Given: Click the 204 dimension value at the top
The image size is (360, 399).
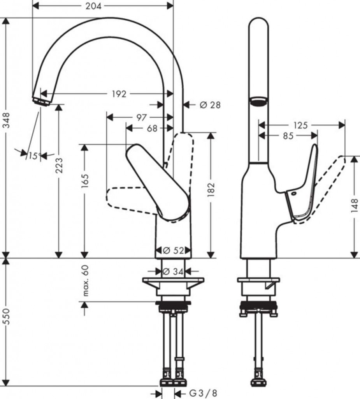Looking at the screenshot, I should pos(94,6).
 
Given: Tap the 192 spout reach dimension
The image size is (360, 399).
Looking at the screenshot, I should pos(119,94).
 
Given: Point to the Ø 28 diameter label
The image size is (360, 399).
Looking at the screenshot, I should pos(210,104).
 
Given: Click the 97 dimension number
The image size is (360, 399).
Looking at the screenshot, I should pos(142,117).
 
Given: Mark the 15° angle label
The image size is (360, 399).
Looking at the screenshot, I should pos(33,156).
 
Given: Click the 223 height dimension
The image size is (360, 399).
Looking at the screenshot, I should pos(59,165).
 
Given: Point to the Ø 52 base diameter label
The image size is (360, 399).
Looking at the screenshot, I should pos(173,251).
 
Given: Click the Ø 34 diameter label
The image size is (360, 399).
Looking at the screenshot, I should pos(173,272).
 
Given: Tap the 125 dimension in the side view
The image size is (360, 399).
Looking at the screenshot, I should pos(300,125).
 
